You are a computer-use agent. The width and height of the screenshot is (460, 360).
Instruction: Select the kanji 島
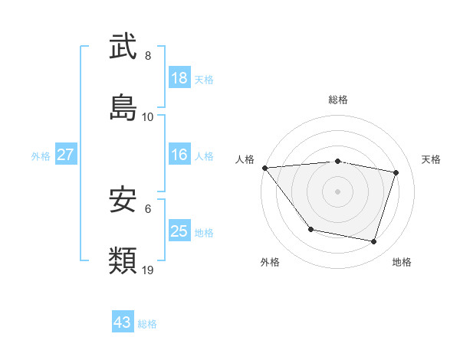[x=123, y=108]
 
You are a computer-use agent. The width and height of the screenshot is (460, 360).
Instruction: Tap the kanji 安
[x=123, y=201]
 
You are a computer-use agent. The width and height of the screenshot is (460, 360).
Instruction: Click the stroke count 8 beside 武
[x=148, y=55]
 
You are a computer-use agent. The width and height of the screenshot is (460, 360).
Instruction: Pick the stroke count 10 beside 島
[x=148, y=117]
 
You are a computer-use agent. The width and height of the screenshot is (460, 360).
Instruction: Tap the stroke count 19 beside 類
[x=148, y=270]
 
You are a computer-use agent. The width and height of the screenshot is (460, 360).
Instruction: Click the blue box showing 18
[x=179, y=78]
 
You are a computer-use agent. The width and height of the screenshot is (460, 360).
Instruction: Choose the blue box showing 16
[x=179, y=155]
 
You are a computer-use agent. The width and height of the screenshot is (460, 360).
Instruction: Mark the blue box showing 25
[x=179, y=231]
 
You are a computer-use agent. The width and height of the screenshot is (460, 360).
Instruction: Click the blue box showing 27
[x=66, y=155]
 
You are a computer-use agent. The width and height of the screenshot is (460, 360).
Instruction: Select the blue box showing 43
[x=123, y=322]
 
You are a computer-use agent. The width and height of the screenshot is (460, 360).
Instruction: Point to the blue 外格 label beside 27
[x=41, y=156]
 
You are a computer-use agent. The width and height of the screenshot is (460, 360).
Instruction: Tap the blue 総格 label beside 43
[x=147, y=324]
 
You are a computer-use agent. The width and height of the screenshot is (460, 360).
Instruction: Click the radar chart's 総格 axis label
[x=338, y=100]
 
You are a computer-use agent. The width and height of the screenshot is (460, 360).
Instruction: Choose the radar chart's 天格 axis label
[x=432, y=159]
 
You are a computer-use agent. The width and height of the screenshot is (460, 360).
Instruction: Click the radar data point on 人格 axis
[x=264, y=168]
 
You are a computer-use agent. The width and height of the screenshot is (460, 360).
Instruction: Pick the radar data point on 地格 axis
[x=373, y=242]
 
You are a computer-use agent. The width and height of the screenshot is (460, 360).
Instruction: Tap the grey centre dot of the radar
[x=338, y=191]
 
